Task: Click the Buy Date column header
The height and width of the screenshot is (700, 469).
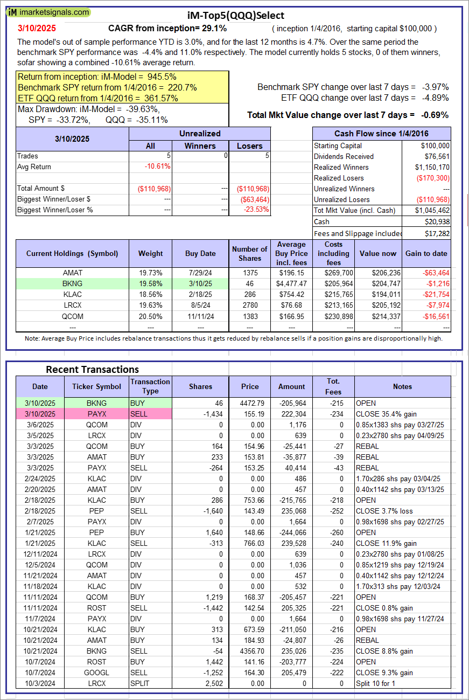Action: point(200,253)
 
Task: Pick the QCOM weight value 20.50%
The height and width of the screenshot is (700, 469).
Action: point(150,316)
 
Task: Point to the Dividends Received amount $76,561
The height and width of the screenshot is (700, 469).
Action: point(435,156)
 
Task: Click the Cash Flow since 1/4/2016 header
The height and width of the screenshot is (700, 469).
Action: point(381,134)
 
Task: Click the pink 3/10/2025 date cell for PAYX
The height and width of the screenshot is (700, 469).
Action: point(40,414)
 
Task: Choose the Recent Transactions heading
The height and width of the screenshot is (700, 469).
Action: point(92,370)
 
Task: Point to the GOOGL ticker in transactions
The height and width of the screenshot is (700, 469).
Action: point(96,673)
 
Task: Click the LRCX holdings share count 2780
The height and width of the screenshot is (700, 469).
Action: point(249,306)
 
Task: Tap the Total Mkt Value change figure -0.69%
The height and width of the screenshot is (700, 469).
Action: point(436,115)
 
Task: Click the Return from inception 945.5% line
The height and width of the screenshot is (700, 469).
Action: point(97,77)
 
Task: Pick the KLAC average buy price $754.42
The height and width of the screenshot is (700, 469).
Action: point(293,295)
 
